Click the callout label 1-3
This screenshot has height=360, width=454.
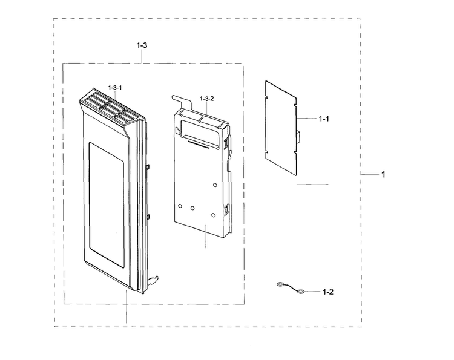[142, 45]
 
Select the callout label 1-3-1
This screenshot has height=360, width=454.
[115, 87]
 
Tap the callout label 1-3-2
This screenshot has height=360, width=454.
[207, 99]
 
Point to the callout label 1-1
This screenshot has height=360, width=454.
[324, 119]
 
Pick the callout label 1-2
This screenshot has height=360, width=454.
[328, 292]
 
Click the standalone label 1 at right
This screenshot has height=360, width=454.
[383, 174]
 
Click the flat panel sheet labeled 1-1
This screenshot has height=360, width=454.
[280, 128]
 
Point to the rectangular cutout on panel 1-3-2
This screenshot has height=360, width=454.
[199, 133]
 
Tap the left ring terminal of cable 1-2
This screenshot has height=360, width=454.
[280, 285]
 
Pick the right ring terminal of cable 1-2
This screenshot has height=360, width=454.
[301, 292]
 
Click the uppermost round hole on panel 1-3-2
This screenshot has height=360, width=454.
[215, 185]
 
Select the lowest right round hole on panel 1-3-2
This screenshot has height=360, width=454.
[214, 215]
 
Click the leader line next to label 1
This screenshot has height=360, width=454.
[370, 174]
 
